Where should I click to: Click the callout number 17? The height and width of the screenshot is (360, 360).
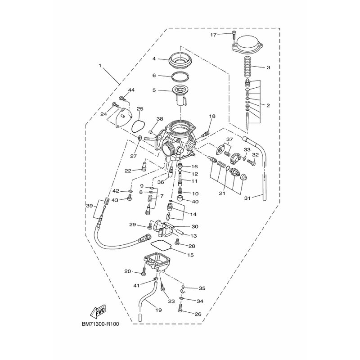point(213,35)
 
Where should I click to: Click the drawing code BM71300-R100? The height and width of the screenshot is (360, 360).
point(100,324)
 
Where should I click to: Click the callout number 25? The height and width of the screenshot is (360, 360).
point(140,108)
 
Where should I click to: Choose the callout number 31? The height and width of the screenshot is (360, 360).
point(247,198)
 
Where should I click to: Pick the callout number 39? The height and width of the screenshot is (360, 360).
point(90,206)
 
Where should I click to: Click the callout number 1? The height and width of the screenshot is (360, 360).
point(100,66)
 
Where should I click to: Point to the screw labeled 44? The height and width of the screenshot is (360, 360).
point(122,99)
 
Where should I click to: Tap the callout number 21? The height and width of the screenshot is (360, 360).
point(222,193)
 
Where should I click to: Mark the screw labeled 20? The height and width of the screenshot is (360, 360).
point(144,271)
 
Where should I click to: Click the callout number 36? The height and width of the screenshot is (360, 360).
point(161,182)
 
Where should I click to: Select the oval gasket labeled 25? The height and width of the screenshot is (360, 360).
point(138,126)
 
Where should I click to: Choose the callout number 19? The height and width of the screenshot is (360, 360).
point(158,310)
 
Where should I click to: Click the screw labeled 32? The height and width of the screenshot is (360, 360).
point(252,162)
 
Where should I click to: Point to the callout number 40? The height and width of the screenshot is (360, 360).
point(195,202)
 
